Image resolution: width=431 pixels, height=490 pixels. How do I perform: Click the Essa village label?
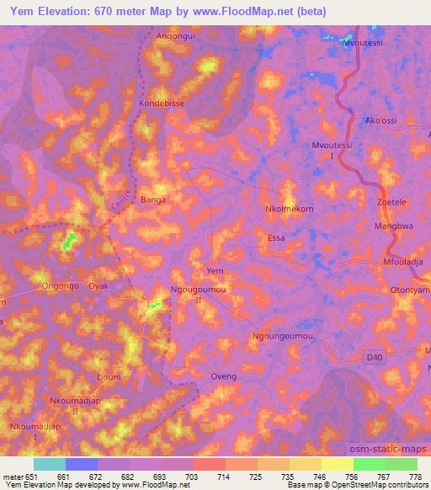click(276, 238)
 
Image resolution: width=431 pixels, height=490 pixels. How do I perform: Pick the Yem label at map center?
click(215, 270)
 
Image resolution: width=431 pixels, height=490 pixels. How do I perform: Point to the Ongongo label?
click(59, 286)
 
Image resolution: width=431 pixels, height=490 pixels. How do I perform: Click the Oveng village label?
click(223, 376)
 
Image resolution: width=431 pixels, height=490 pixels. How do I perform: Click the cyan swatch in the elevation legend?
click(50, 464)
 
